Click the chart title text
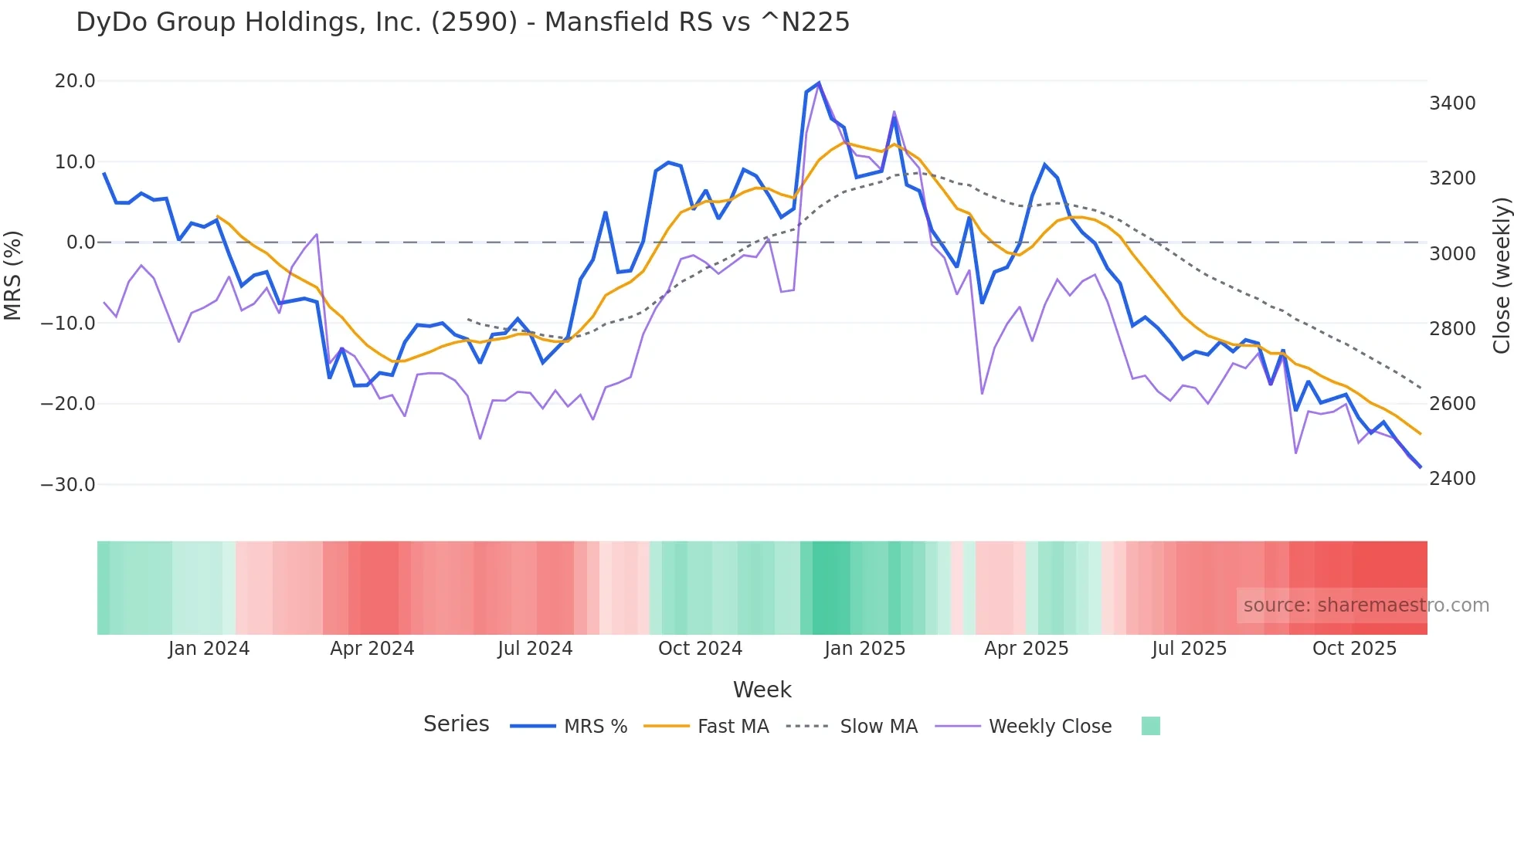point(462,22)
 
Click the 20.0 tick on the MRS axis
point(75,81)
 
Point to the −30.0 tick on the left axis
point(68,485)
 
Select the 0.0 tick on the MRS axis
point(81,242)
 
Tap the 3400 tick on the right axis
point(1452,103)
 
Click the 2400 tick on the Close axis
point(1452,479)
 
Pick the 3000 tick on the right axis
point(1452,254)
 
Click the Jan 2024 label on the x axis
point(209,649)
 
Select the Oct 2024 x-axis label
point(700,649)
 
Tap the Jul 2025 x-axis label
point(1189,649)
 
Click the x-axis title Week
point(762,690)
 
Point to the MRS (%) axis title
point(13,275)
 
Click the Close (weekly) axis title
point(1501,276)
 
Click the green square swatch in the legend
point(1150,726)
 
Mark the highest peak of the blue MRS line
point(819,83)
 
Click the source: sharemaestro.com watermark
point(1366,605)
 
